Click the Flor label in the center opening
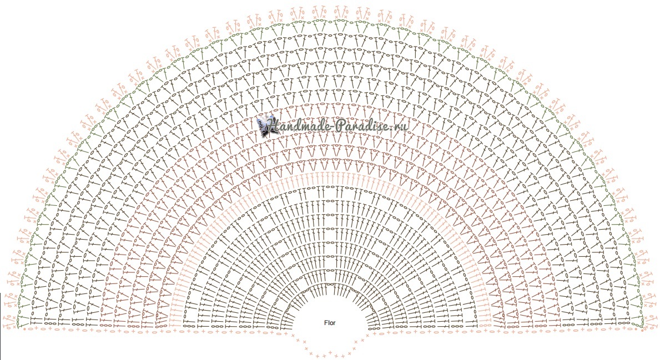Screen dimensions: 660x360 (x=330, y=323)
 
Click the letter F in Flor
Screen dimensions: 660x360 (x=326, y=323)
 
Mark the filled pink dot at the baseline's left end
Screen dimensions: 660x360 (x=24, y=329)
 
